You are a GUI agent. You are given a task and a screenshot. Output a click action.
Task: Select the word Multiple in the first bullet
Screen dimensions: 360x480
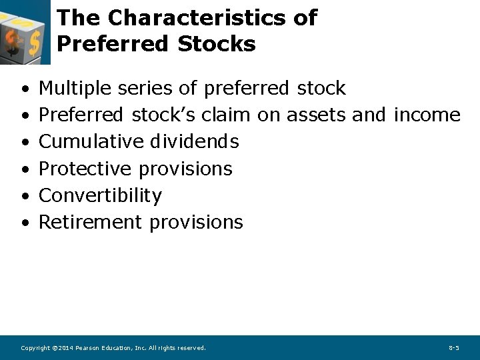[75, 88]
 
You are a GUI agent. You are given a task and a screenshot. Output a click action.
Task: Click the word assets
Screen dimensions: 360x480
[316, 115]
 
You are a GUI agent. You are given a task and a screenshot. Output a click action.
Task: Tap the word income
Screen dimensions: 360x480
[427, 115]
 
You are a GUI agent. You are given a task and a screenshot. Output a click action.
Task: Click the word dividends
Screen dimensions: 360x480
[194, 141]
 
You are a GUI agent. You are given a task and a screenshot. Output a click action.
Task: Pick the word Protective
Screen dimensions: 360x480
[86, 169]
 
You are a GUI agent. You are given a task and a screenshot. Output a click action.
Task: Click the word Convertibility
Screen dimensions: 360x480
[100, 195]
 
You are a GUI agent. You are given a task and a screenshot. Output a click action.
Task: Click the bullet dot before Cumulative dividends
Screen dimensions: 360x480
[24, 143]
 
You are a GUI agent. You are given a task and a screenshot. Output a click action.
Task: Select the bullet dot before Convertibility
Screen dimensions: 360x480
[24, 197]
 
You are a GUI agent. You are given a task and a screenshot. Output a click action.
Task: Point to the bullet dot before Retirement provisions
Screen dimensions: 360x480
[24, 223]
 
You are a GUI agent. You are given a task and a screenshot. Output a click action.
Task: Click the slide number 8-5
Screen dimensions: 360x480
[453, 348]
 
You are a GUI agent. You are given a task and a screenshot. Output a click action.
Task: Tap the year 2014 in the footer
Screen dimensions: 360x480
[65, 348]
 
